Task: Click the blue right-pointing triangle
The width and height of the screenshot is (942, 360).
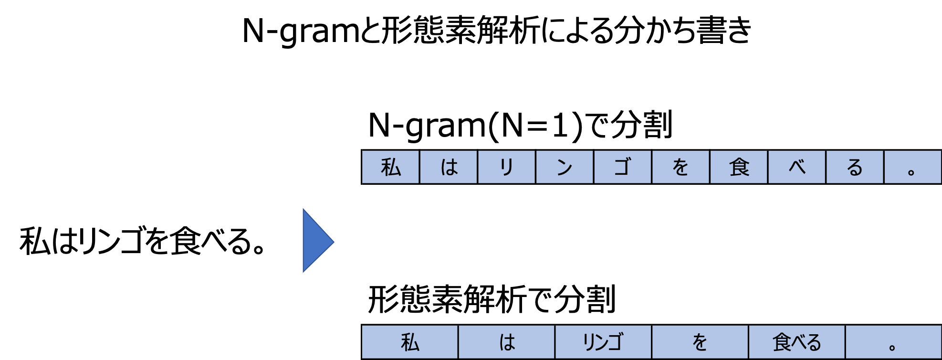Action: point(315,241)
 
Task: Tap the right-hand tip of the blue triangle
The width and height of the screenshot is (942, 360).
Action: point(333,242)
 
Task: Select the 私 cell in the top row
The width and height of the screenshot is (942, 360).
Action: point(390,167)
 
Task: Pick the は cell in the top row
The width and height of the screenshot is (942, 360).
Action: point(449,167)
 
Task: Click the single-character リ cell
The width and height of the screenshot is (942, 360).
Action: point(506,167)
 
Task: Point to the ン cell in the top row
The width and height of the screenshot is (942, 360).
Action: point(565,167)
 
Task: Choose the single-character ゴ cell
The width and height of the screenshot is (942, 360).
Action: point(622,167)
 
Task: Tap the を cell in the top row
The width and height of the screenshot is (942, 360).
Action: point(680,167)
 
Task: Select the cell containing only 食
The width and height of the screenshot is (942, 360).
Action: point(739,167)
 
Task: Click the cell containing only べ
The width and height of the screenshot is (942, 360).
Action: point(797,167)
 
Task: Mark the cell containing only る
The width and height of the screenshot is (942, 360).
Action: point(855,167)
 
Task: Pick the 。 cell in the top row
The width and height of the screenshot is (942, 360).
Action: point(912,167)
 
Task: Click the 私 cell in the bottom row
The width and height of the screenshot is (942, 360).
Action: point(410,342)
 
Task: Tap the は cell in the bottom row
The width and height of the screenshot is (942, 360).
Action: point(507,342)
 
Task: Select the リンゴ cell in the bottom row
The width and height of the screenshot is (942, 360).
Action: point(603,342)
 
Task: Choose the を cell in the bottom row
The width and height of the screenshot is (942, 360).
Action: point(700,342)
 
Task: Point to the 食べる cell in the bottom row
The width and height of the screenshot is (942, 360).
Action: point(796,342)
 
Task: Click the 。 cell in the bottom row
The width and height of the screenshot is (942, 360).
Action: point(893,342)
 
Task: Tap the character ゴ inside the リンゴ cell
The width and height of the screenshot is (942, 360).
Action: point(615,342)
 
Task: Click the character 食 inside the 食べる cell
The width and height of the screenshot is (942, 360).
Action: point(782,342)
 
